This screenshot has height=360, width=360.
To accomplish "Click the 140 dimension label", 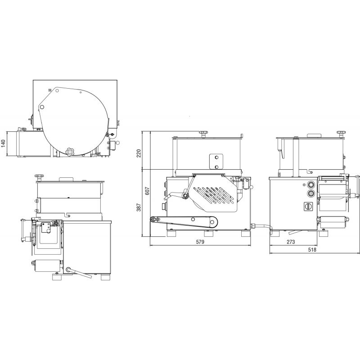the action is click(3, 144).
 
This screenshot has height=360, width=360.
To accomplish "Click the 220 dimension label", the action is click(139, 153).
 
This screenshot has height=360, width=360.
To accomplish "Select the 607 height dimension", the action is click(148, 191).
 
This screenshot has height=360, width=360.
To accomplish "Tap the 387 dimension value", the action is click(139, 207).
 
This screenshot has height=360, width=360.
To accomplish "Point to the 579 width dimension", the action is click(200, 242).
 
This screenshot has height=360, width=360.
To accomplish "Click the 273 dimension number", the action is click(291, 242).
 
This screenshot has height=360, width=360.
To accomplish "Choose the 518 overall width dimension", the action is click(312, 250).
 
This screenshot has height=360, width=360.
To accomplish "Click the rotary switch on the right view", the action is click(307, 206).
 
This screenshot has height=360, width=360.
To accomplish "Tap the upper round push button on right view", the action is click(311, 184).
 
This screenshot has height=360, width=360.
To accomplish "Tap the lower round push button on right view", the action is click(311, 193).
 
